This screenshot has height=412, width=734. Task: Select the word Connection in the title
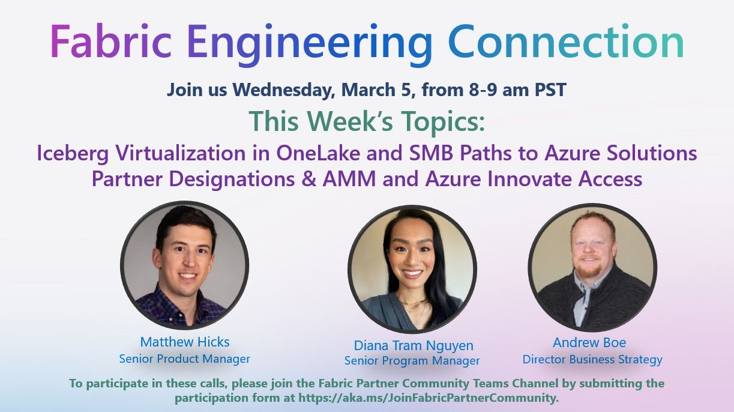click(x=566, y=42)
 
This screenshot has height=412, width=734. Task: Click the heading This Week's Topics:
click(x=366, y=121)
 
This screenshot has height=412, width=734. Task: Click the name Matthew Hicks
click(x=185, y=342)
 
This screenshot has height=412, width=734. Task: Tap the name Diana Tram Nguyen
click(x=413, y=345)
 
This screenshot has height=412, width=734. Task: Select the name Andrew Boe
click(x=589, y=342)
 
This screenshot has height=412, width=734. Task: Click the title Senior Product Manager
click(x=185, y=359)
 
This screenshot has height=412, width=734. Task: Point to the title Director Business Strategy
click(x=592, y=360)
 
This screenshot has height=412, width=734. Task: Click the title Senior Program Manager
click(x=412, y=361)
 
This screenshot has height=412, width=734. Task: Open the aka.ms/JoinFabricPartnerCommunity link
click(x=428, y=398)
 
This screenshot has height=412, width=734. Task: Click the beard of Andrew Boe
click(x=592, y=271)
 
